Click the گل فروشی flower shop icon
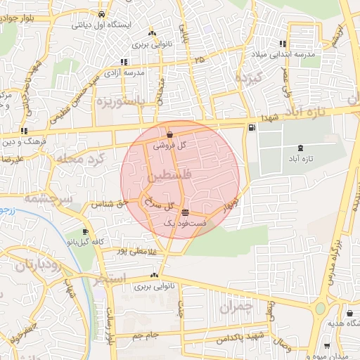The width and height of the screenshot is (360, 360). pyautogui.click(x=171, y=132)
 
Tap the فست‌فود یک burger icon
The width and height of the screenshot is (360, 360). pyautogui.click(x=185, y=212)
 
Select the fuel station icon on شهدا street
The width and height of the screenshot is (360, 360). pyautogui.click(x=252, y=128)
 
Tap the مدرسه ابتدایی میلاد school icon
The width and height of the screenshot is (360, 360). pyautogui.click(x=283, y=44)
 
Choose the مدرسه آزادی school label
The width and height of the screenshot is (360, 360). pyautogui.click(x=124, y=72)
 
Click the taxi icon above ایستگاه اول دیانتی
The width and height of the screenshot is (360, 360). pyautogui.click(x=103, y=13)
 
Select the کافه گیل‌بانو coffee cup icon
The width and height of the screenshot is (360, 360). pyautogui.click(x=85, y=231)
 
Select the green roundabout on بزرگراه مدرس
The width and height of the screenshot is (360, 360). pyautogui.click(x=321, y=308)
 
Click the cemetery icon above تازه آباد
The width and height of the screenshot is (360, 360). pyautogui.click(x=302, y=148)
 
